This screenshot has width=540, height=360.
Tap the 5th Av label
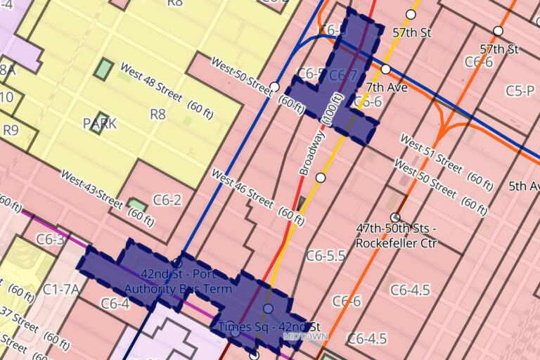click(524, 186)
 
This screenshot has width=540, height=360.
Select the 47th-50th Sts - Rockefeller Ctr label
click(396, 236)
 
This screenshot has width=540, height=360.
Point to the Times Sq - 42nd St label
click(269, 327)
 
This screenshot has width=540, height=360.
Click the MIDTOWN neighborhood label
click(305, 337)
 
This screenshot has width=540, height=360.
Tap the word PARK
click(100, 124)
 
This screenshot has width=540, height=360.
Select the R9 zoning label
click(11, 129)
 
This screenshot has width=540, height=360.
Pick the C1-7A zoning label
click(60, 289)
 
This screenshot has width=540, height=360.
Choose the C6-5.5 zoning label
click(326, 256)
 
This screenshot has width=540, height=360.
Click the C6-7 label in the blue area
click(343, 75)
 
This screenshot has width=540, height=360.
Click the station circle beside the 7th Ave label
click(385, 69)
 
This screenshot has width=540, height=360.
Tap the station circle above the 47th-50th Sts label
click(395, 217)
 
